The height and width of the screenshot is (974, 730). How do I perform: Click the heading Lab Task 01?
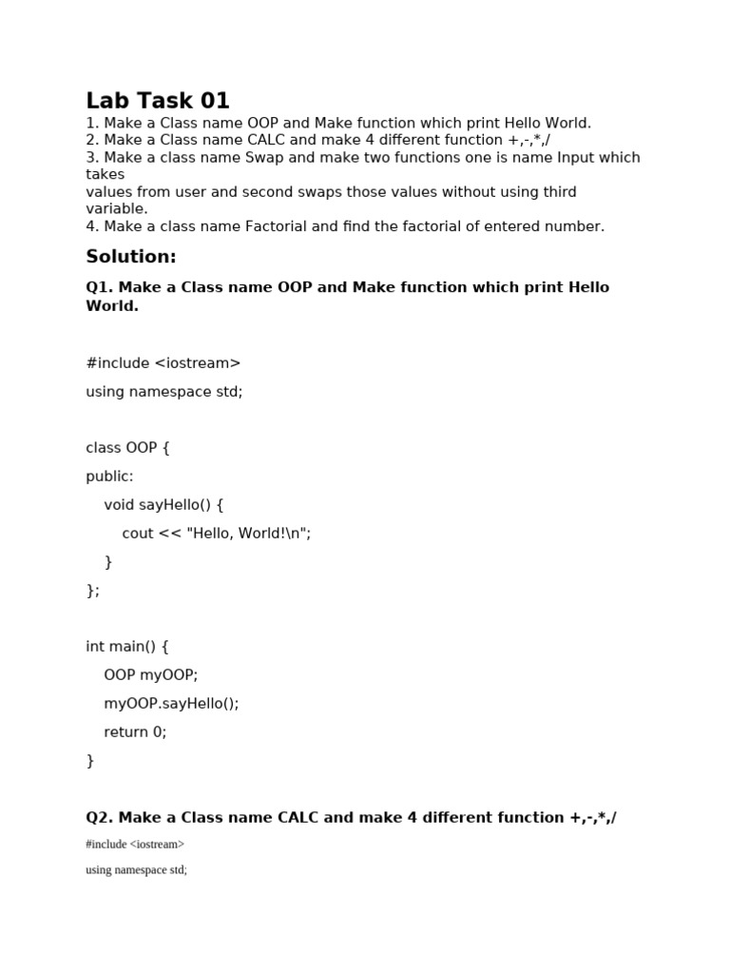pyautogui.click(x=158, y=101)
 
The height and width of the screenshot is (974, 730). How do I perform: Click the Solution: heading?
pyautogui.click(x=131, y=257)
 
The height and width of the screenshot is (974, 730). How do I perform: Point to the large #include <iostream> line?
pyautogui.click(x=163, y=362)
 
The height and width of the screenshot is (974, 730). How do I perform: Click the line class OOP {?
pyautogui.click(x=127, y=448)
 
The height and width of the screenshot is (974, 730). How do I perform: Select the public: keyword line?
pyautogui.click(x=110, y=477)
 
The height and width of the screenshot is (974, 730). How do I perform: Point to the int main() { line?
pyautogui.click(x=127, y=647)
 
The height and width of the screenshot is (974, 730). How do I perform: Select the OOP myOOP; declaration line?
pyautogui.click(x=151, y=675)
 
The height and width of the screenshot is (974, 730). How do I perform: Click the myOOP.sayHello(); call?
pyautogui.click(x=171, y=704)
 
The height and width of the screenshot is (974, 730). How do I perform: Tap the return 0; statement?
pyautogui.click(x=135, y=732)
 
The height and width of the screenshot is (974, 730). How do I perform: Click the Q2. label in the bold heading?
pyautogui.click(x=100, y=818)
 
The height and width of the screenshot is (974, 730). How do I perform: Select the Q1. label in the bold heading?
pyautogui.click(x=100, y=287)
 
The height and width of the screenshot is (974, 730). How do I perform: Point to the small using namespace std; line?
pyautogui.click(x=136, y=870)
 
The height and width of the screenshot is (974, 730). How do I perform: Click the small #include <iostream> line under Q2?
pyautogui.click(x=135, y=845)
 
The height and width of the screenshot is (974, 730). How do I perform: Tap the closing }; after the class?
pyautogui.click(x=93, y=591)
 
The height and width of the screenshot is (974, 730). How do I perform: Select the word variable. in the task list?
pyautogui.click(x=117, y=209)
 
